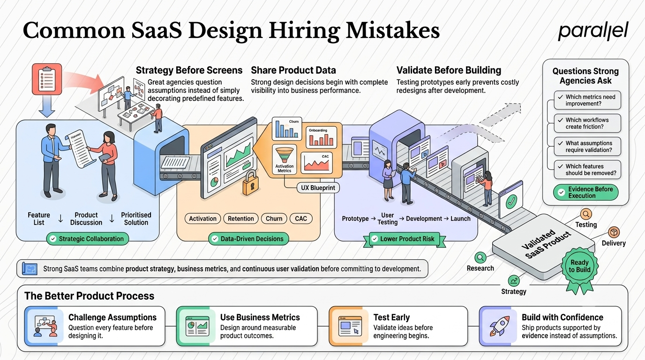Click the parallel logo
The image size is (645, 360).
(593, 31)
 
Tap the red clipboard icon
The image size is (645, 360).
(47, 79)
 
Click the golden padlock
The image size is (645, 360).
(250, 183)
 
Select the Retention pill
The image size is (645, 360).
(241, 218)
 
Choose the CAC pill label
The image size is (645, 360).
(301, 218)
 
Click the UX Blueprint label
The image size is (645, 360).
(318, 188)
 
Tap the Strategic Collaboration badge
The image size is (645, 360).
(88, 239)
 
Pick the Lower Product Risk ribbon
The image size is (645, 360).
(405, 239)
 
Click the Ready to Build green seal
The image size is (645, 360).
(580, 266)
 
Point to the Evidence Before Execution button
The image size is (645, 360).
(585, 192)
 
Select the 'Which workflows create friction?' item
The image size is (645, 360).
(587, 123)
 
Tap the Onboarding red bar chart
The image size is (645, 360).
(321, 137)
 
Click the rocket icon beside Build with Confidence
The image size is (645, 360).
(499, 326)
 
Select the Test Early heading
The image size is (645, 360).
(391, 317)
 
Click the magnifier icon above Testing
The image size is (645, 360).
(586, 214)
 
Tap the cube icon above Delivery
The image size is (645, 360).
(614, 232)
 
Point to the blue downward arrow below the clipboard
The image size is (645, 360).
(47, 106)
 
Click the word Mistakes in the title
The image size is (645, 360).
(393, 30)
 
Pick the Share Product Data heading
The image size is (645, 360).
(293, 70)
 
